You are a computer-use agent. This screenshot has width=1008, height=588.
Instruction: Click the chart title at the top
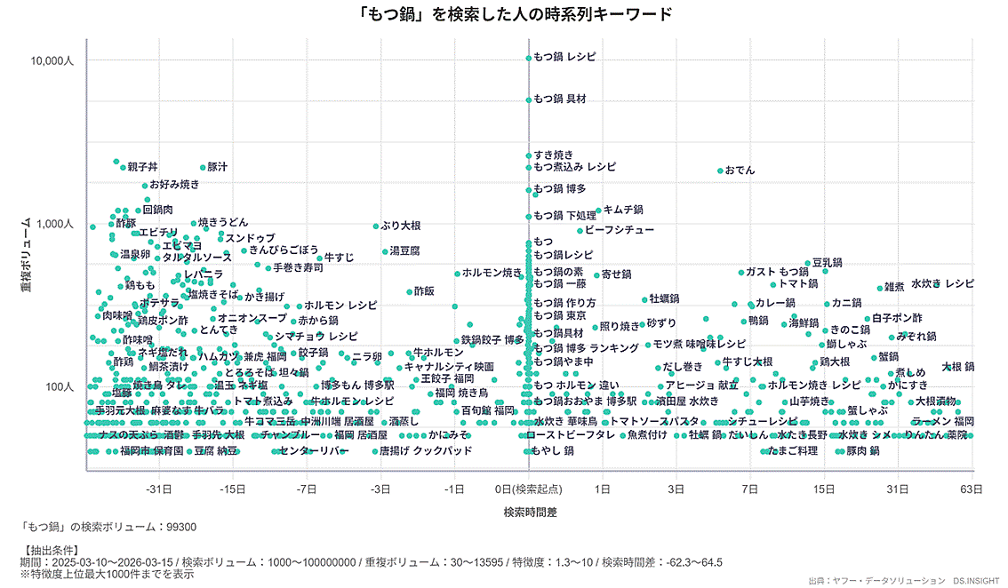pos(503,14)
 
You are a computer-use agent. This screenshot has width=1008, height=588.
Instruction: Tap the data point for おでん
pos(719,171)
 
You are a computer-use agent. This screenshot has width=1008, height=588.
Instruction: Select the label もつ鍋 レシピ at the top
pos(564,57)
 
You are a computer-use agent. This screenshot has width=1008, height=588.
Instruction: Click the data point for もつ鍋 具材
pos(528,99)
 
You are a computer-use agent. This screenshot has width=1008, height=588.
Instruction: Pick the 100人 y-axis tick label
pos(60,387)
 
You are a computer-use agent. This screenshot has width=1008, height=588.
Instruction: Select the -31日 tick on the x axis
pos(159,489)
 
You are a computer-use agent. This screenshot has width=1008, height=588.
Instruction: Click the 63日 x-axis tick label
pos(971,489)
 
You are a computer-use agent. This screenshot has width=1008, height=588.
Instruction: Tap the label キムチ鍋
pos(623,210)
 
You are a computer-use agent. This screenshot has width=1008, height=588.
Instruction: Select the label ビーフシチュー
pos(619,230)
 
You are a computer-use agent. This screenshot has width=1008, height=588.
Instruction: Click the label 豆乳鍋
pos(828,263)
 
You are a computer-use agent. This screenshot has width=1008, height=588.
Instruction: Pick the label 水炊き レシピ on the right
pos(942,283)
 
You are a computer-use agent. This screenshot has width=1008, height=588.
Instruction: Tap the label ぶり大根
pos(401,226)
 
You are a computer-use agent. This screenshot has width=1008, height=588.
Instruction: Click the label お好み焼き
pos(174,185)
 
